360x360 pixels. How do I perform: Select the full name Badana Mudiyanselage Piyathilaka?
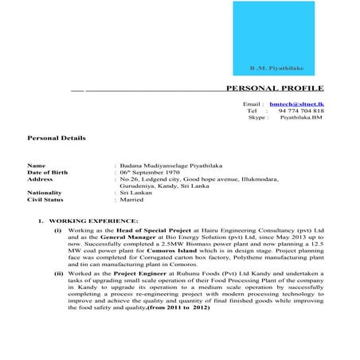coord(170,166)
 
